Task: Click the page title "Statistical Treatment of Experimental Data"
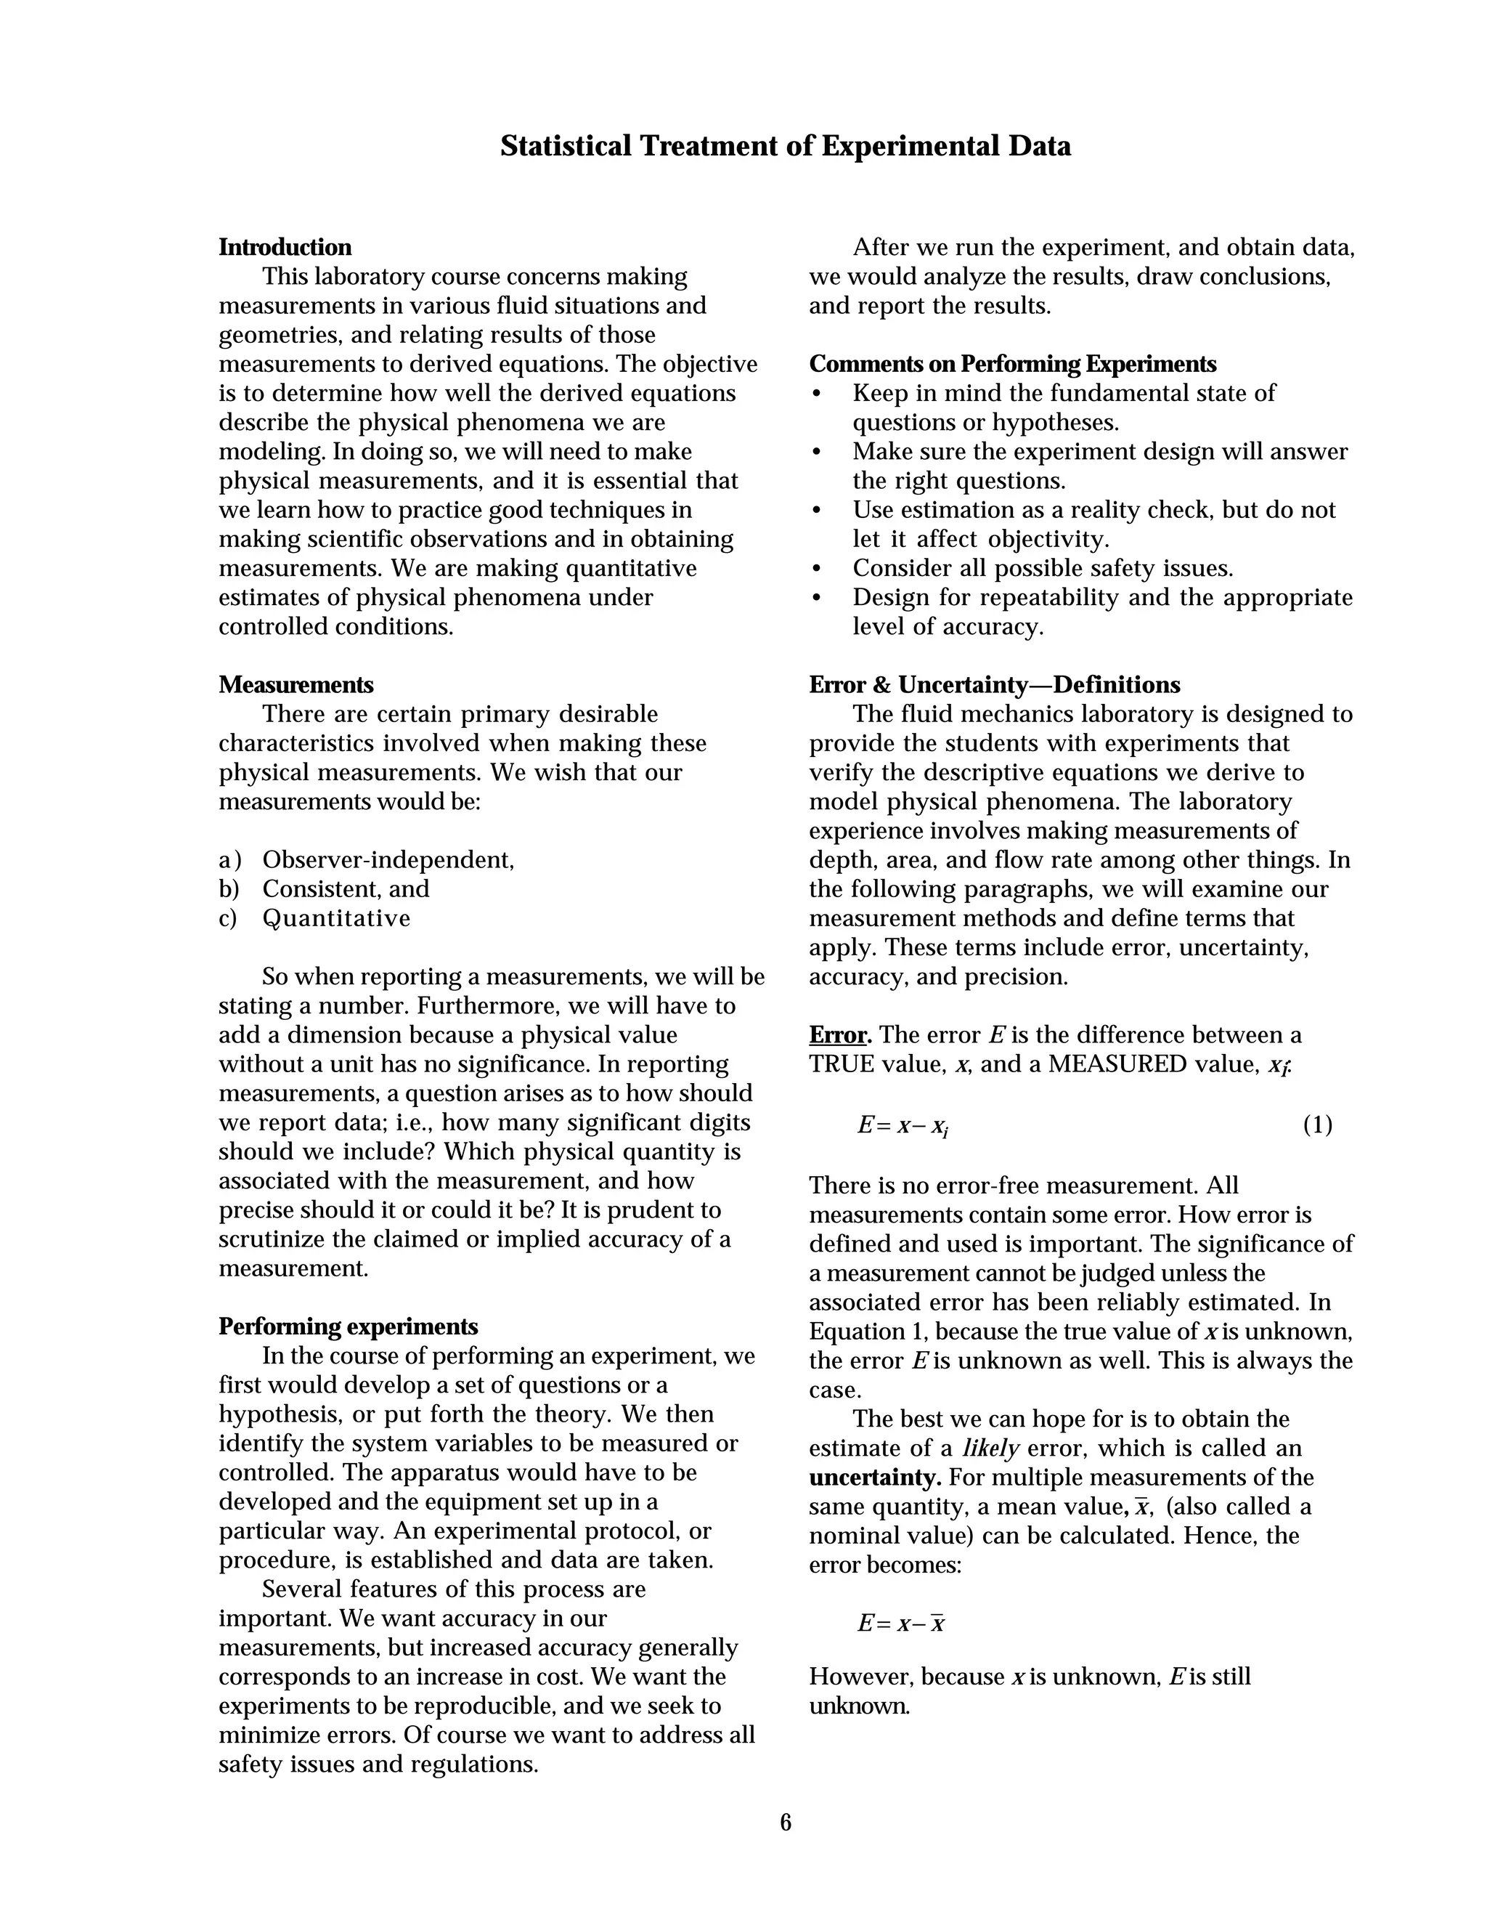pyautogui.click(x=785, y=146)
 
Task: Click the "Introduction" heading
pyautogui.click(x=285, y=248)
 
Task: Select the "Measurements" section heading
pyautogui.click(x=296, y=685)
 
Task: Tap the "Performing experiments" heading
pyautogui.click(x=348, y=1326)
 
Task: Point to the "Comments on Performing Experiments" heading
pyautogui.click(x=1012, y=364)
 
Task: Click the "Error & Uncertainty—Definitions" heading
pyautogui.click(x=995, y=685)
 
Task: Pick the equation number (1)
pyautogui.click(x=1317, y=1125)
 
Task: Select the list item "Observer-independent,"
pyautogui.click(x=388, y=860)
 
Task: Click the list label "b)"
pyautogui.click(x=229, y=889)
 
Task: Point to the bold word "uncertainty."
pyautogui.click(x=875, y=1478)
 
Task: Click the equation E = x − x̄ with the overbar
pyautogui.click(x=900, y=1624)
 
